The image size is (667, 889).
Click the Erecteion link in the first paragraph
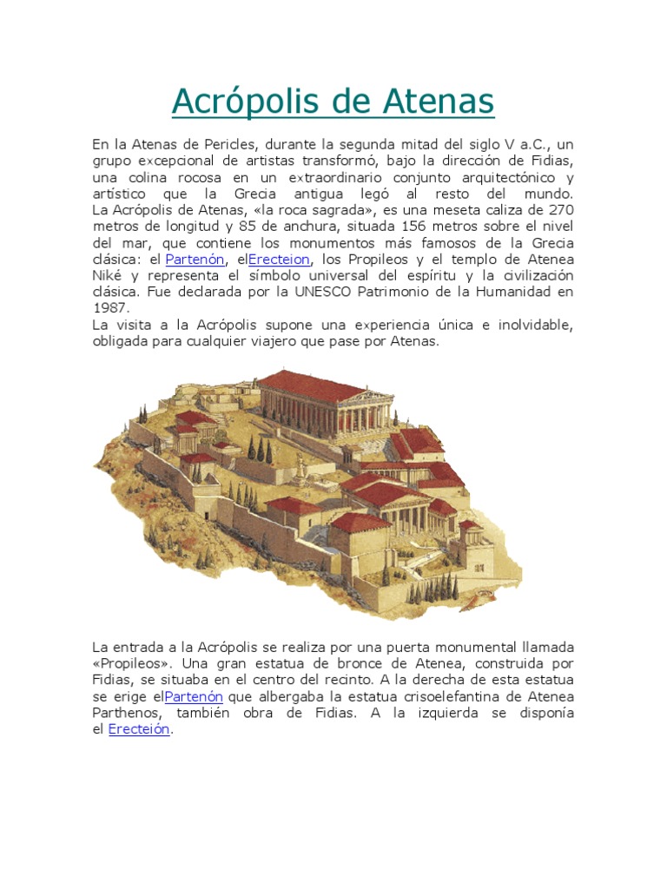(279, 260)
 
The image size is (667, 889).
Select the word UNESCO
(352, 293)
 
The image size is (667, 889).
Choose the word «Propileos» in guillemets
(131, 664)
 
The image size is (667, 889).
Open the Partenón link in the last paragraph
(194, 697)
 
